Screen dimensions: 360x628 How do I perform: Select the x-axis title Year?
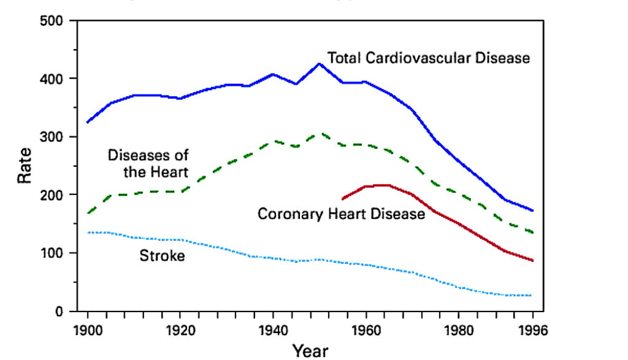point(310,351)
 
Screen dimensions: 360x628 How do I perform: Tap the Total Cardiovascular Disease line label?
point(428,58)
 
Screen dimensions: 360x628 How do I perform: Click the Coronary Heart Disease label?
point(341,214)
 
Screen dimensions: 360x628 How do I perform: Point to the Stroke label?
point(162,256)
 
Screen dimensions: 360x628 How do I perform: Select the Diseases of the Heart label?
point(148,163)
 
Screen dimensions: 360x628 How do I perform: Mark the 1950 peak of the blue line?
point(319,63)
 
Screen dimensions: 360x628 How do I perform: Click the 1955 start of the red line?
point(343,199)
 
